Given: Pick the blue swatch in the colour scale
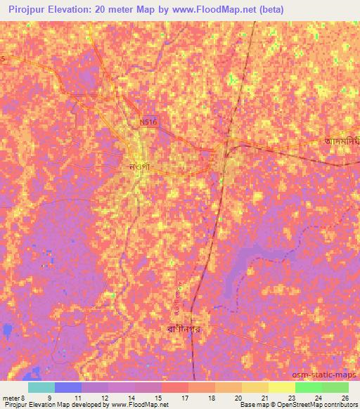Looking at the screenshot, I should click(68, 387).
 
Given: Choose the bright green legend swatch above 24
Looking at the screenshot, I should click(308, 387).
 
